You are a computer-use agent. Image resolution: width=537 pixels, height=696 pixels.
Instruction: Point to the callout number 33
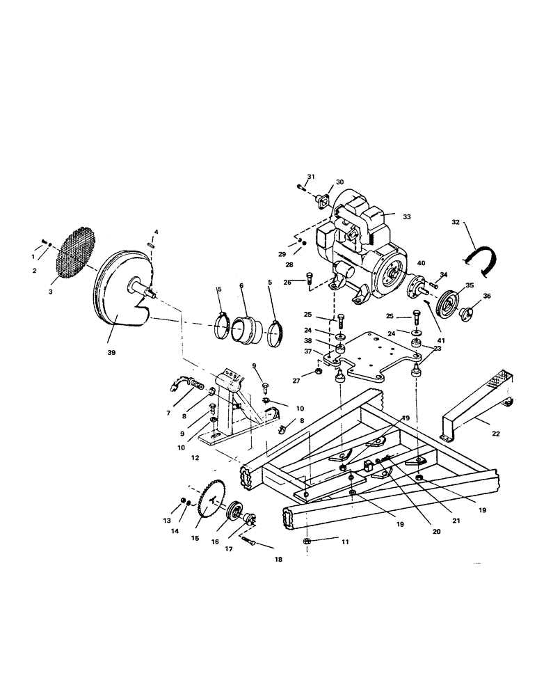(407, 216)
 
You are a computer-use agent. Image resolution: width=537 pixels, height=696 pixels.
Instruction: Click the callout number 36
(487, 296)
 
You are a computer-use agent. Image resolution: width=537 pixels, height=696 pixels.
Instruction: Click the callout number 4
(157, 231)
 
